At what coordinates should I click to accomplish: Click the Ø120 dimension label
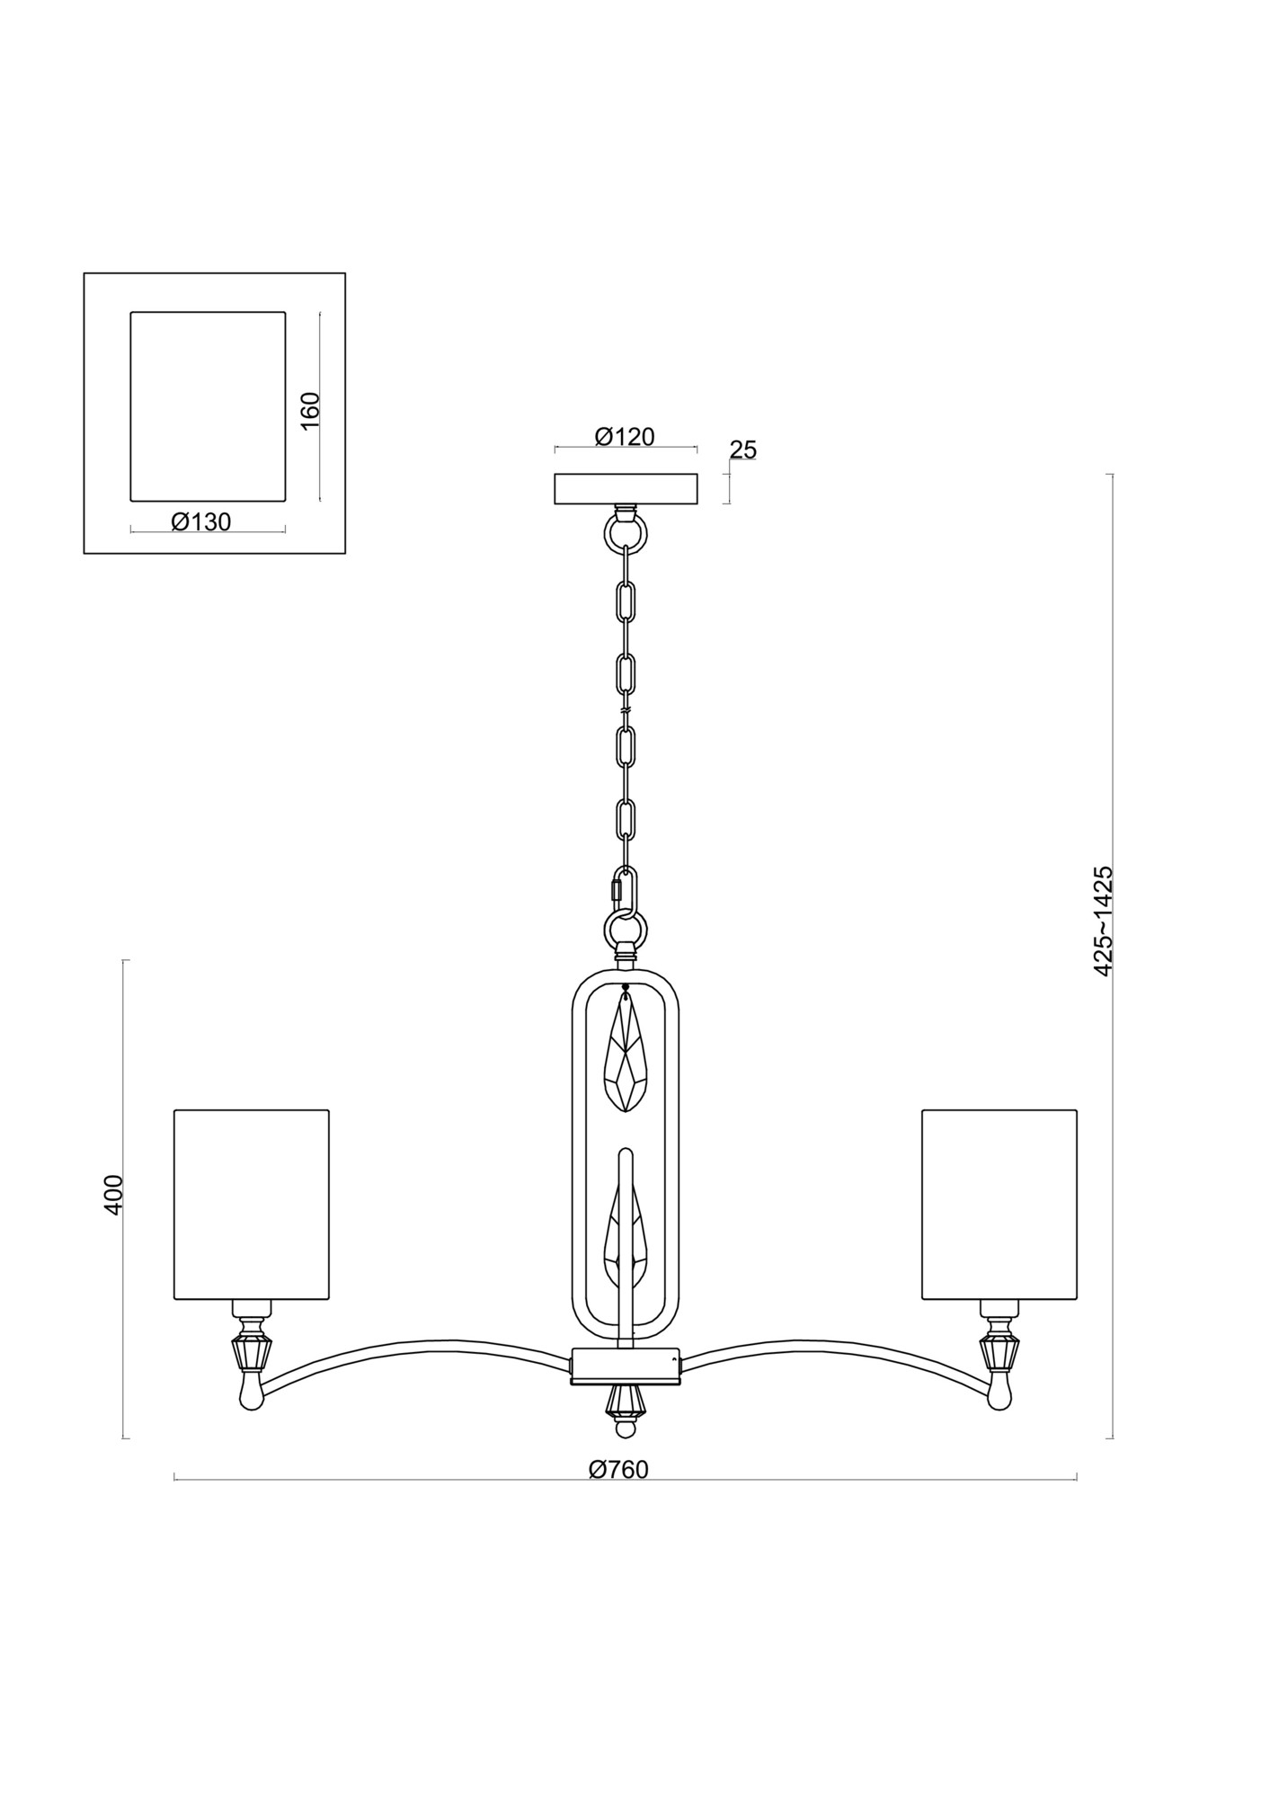click(625, 437)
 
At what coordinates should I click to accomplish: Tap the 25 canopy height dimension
click(743, 449)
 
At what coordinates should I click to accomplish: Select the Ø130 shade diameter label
click(201, 521)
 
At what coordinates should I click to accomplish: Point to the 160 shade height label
click(310, 411)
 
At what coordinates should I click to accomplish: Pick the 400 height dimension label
click(112, 1195)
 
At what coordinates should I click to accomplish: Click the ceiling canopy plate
click(626, 489)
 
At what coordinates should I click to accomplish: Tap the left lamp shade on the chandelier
click(252, 1204)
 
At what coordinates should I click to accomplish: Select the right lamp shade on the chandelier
click(999, 1204)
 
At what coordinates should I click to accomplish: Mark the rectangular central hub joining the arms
click(626, 1391)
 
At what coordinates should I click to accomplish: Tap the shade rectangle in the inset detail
click(208, 405)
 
